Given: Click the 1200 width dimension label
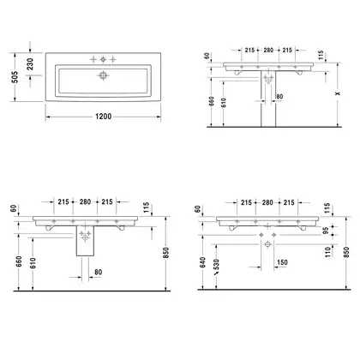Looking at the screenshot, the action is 103,117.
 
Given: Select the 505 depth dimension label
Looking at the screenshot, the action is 15,77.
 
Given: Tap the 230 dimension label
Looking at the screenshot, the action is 30,64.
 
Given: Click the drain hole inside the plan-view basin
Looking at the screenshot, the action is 103,75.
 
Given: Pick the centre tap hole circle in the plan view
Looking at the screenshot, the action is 103,59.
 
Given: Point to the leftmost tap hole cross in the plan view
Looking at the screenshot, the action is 93,59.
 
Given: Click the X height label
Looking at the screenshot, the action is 339,93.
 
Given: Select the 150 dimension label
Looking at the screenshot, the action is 282,262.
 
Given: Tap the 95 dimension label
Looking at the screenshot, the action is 327,231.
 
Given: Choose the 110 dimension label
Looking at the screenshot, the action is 327,251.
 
